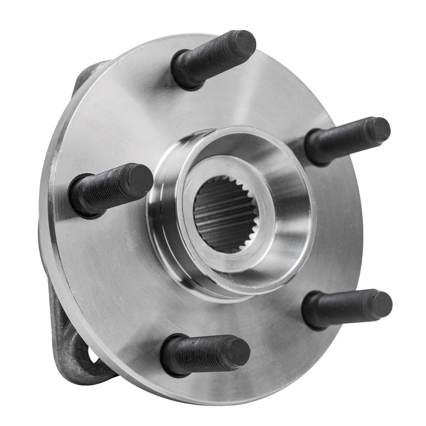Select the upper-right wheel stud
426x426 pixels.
346,140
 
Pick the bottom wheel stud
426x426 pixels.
204,355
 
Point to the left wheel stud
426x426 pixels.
111,189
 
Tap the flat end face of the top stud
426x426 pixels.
244,43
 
